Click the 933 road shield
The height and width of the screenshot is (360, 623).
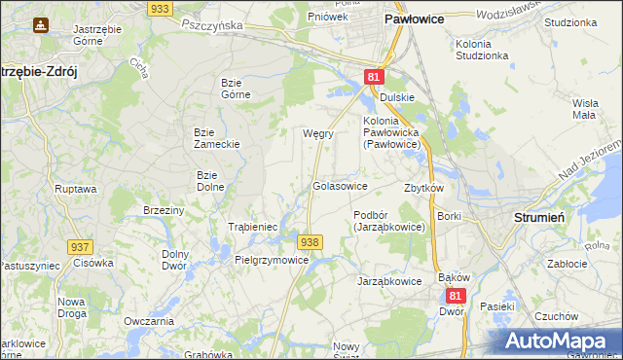point(161,8)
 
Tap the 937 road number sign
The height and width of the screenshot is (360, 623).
point(81,248)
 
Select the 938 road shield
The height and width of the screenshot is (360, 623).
point(310,242)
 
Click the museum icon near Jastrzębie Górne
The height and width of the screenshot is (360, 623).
point(40,24)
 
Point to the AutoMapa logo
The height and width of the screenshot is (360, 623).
point(558,342)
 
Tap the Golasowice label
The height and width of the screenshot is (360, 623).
point(340,185)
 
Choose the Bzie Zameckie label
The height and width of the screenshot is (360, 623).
point(216,137)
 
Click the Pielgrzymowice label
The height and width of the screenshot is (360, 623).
point(272,260)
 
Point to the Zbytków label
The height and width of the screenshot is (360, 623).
point(423,188)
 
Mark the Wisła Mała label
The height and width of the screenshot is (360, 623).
point(584,108)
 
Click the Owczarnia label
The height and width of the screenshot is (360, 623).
point(149,321)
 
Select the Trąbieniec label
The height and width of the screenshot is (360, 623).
point(253,227)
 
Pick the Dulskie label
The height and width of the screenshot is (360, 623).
point(397,97)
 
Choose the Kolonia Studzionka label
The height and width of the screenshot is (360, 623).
point(482,50)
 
